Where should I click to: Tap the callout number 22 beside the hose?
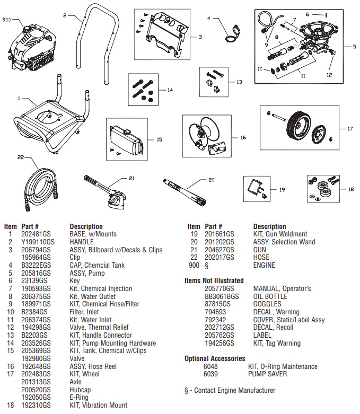tap(21, 157)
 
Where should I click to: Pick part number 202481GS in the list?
tap(33, 234)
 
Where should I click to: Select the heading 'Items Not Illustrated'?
tap(214, 280)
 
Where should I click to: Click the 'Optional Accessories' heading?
tap(215, 359)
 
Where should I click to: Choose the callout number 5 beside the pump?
tap(354, 47)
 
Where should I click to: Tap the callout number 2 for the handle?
tap(64, 16)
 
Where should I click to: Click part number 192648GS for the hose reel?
tap(33, 366)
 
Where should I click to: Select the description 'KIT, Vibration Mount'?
tap(98, 406)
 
